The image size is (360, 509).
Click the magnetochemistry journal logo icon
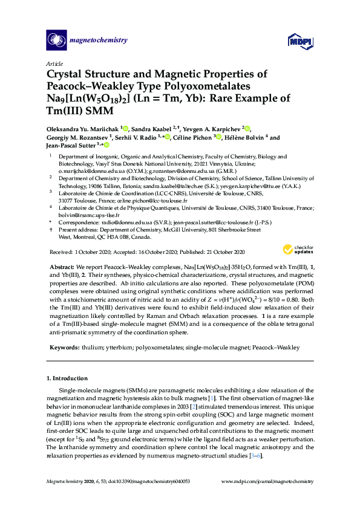click(56, 40)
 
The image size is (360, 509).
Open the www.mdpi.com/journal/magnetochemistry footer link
click(267, 481)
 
